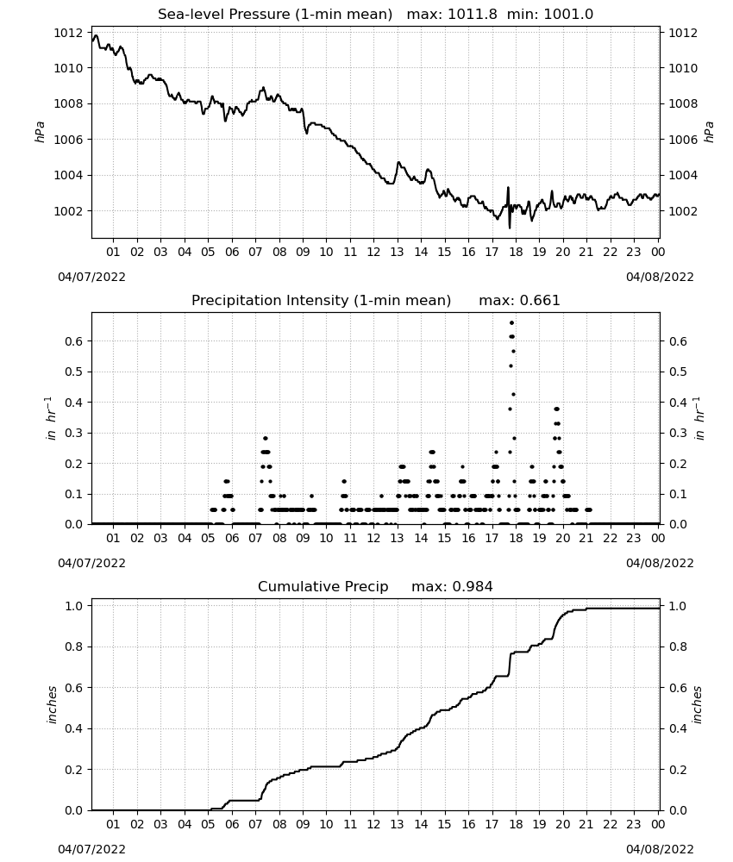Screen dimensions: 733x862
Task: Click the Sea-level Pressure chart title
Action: click(x=275, y=15)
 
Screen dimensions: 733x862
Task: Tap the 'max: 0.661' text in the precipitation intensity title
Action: click(x=519, y=301)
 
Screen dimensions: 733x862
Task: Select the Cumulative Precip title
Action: click(x=323, y=587)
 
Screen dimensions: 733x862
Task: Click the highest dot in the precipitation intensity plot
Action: click(x=512, y=323)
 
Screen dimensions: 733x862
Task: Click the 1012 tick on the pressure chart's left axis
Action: click(x=68, y=33)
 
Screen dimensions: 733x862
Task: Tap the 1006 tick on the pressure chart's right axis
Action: click(x=683, y=140)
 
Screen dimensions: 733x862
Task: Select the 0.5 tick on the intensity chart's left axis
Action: click(x=73, y=372)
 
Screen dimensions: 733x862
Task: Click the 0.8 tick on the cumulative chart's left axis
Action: click(x=73, y=647)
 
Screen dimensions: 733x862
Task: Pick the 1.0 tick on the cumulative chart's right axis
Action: click(x=678, y=606)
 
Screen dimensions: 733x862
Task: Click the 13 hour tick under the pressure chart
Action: click(x=397, y=252)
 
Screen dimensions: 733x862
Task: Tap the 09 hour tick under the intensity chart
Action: click(x=303, y=538)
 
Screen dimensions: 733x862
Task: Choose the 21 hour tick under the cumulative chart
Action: click(x=586, y=824)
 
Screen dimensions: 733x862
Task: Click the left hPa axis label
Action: click(x=41, y=133)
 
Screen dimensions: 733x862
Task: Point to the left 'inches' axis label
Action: click(x=53, y=705)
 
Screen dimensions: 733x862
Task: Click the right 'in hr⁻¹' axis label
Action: click(x=699, y=418)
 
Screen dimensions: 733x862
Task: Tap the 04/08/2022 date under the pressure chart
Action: click(x=660, y=277)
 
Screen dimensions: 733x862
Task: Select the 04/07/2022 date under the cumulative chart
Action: click(x=91, y=849)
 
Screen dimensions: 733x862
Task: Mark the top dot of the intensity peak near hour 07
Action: click(x=266, y=438)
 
